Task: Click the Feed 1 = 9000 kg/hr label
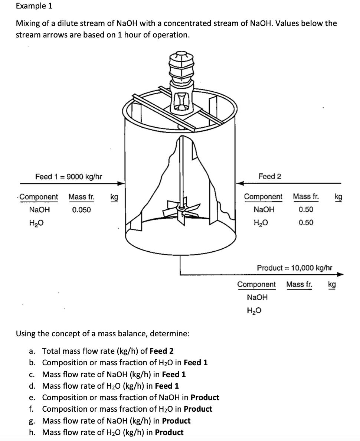69,176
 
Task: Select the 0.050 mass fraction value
81,210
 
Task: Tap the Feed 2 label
270,176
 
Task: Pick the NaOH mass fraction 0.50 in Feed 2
306,209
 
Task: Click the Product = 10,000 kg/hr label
295,268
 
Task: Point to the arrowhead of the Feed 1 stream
121,183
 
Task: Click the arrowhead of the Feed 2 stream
240,183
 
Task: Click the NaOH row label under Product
257,297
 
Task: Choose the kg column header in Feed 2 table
338,196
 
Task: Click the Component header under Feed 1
39,197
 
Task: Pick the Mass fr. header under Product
299,285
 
